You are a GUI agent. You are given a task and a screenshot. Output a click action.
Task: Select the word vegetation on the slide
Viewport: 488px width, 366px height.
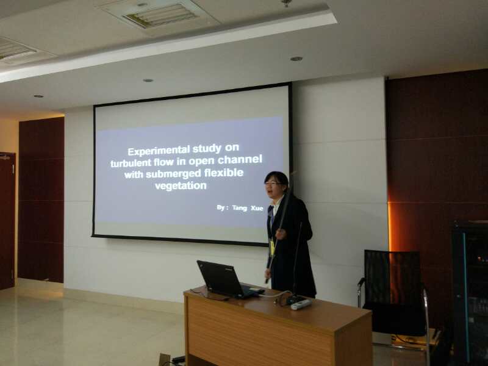[x=181, y=186]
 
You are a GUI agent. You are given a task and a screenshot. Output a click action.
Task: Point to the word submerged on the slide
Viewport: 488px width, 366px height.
[x=169, y=174]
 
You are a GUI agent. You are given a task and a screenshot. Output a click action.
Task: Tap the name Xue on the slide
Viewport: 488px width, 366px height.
[x=257, y=208]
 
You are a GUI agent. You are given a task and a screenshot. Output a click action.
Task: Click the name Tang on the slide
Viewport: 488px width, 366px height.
[x=239, y=208]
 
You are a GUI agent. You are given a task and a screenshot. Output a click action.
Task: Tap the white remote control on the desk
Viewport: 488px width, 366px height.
[x=301, y=304]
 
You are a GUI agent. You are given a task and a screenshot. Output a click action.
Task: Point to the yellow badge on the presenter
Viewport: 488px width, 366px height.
[x=272, y=248]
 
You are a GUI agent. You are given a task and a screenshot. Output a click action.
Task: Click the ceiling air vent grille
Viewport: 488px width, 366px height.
[x=160, y=16]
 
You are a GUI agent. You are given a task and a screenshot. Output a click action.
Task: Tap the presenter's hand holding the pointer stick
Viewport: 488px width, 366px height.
[x=281, y=234]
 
